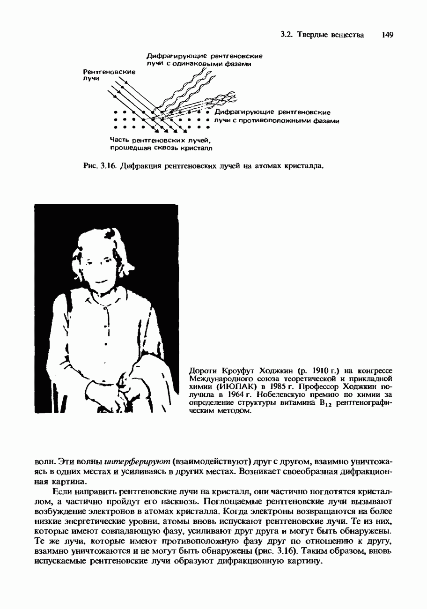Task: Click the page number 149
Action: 387,35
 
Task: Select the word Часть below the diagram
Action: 120,140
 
